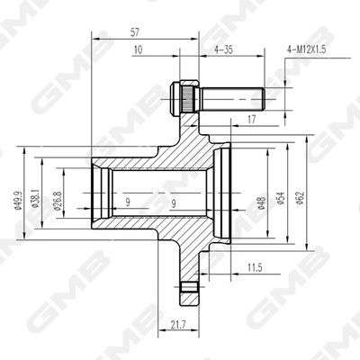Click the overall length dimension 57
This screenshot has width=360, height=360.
146,31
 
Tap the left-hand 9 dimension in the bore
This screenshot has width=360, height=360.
127,203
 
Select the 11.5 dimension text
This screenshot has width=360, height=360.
256,266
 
